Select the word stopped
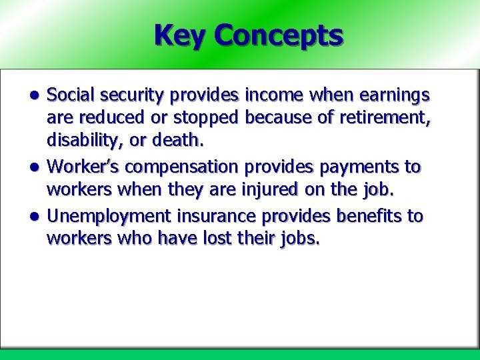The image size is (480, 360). tap(207, 119)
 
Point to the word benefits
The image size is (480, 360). tap(365, 217)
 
